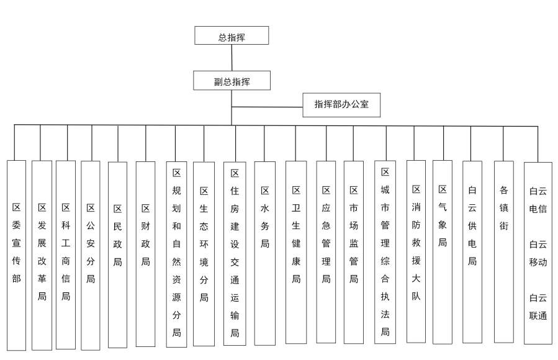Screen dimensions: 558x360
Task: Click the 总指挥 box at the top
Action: [232, 35]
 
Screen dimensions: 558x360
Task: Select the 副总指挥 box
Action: [232, 81]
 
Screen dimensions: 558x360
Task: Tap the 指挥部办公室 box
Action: [341, 105]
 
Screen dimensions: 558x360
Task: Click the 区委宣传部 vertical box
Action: [16, 256]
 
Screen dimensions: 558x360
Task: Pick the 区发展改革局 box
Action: [42, 256]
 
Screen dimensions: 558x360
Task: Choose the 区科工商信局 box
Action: [66, 254]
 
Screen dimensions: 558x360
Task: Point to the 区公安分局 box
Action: [91, 256]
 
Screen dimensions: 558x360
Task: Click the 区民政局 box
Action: [117, 254]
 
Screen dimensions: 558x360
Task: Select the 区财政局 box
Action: [145, 254]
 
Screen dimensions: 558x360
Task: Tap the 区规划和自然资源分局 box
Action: [176, 254]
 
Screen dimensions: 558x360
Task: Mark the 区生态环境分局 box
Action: [204, 254]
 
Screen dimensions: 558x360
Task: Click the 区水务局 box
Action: [265, 253]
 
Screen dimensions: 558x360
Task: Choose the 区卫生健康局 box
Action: [296, 252]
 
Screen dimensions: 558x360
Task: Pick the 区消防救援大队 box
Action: [416, 251]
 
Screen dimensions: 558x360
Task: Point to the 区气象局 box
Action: [443, 252]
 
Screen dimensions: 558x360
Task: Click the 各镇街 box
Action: [504, 252]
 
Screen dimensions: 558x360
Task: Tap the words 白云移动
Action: [538, 253]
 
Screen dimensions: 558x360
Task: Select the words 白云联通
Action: [538, 307]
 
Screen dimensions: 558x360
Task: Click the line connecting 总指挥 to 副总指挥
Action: [232, 58]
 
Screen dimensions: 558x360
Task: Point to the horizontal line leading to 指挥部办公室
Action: [268, 107]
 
